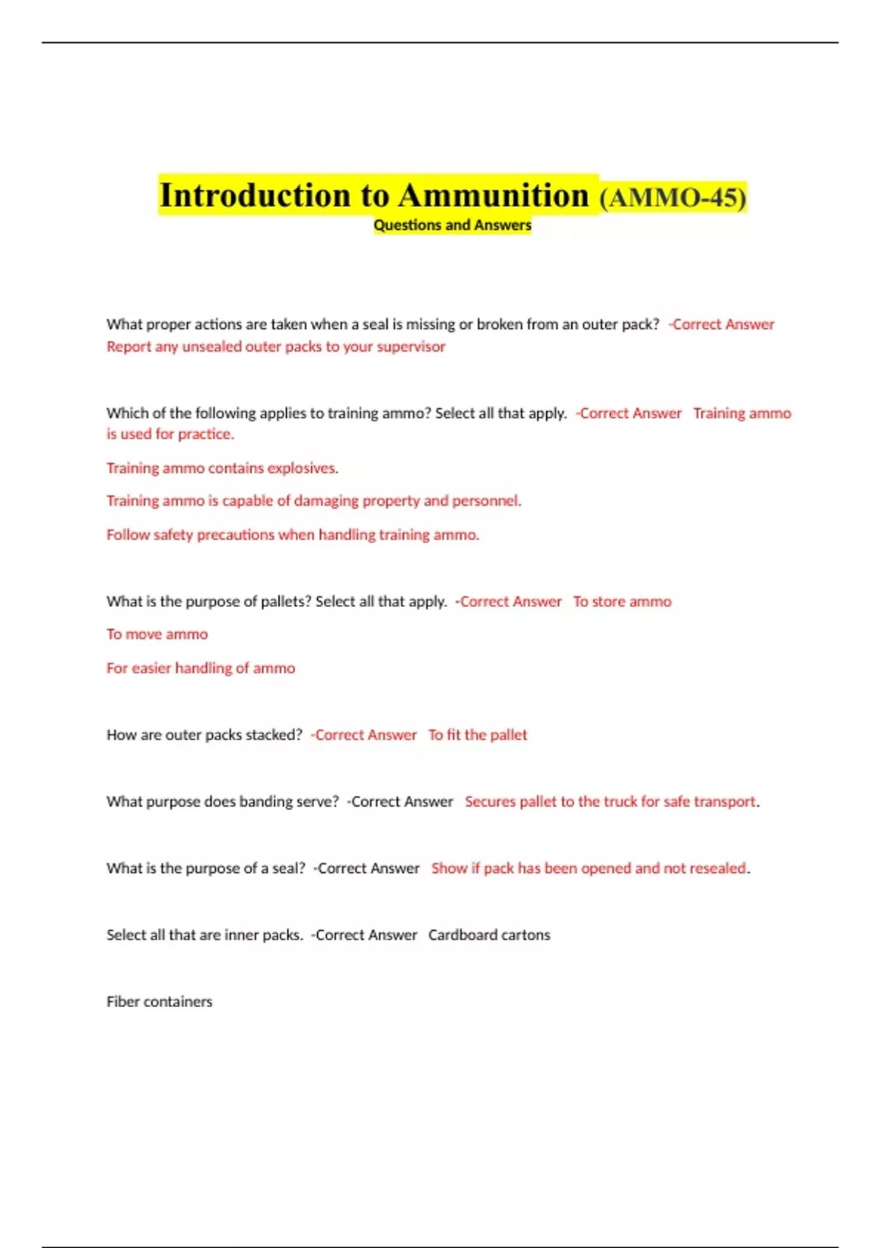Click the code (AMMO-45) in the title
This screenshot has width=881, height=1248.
[672, 197]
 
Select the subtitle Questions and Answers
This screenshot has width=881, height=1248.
[452, 225]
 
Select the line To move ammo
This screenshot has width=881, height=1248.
[157, 634]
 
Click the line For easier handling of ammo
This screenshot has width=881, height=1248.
[200, 668]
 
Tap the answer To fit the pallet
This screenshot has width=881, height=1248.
[477, 735]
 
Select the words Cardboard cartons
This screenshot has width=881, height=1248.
[489, 935]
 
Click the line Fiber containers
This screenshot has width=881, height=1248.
[159, 1002]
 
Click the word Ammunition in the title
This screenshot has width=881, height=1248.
[493, 196]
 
